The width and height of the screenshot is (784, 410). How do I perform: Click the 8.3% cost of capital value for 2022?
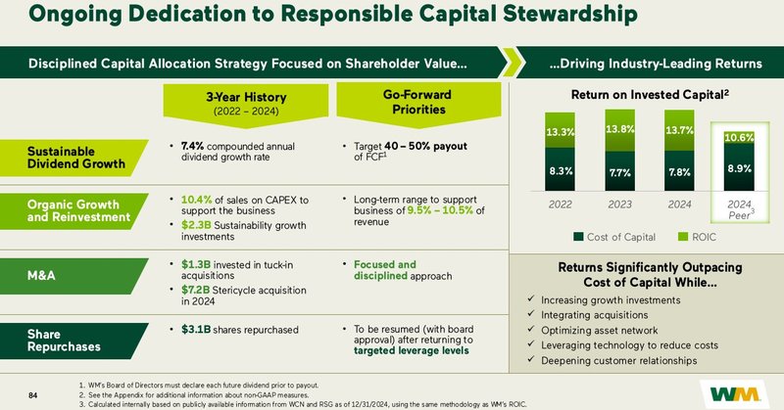tap(561, 170)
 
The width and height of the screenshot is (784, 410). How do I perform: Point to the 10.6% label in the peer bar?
tap(738, 138)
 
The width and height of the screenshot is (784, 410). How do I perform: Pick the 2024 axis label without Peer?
tap(678, 206)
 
